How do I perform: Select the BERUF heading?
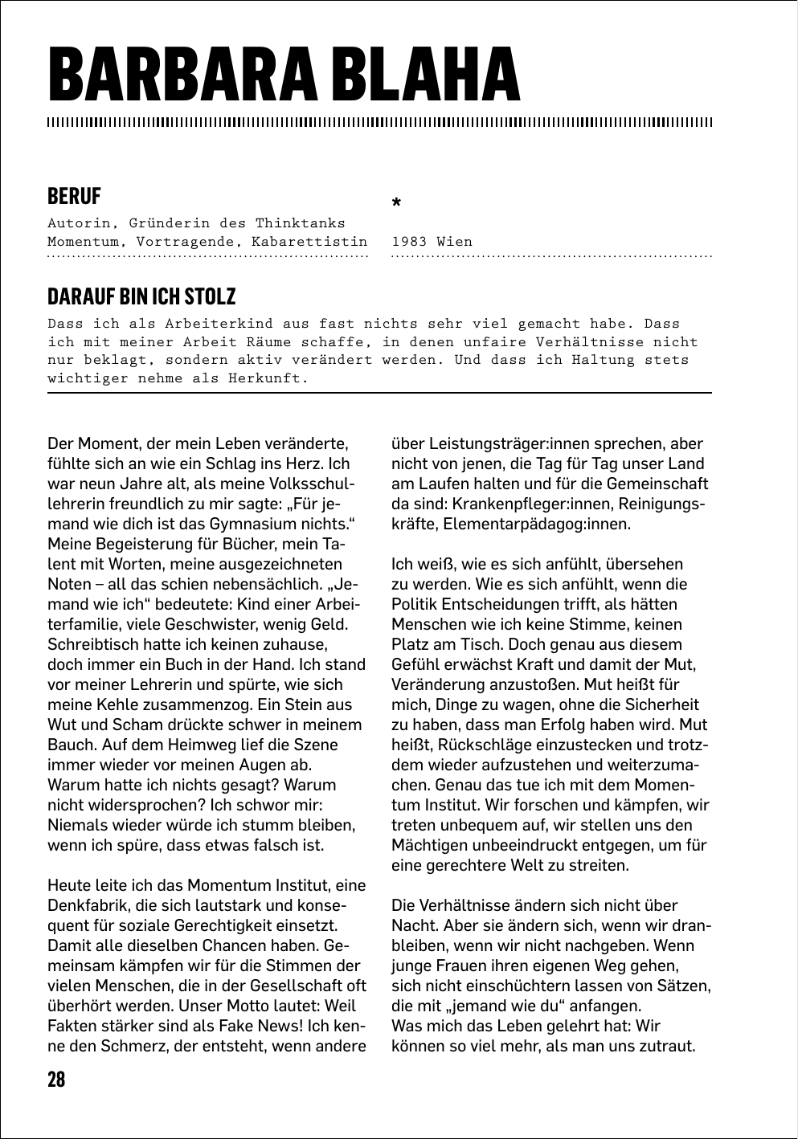pos(74,196)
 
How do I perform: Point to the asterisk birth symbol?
pos(395,204)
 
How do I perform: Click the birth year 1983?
pos(409,241)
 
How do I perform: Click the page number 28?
pos(56,1079)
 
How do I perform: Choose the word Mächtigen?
pos(430,845)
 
